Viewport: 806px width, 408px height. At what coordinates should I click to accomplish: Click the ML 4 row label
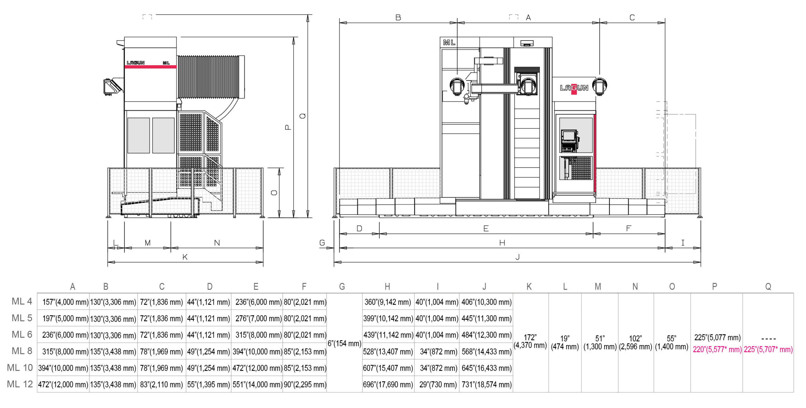click(x=22, y=301)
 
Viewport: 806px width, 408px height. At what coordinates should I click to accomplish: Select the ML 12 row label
click(x=20, y=384)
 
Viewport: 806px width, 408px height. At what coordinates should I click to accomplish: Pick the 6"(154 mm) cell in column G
click(x=344, y=343)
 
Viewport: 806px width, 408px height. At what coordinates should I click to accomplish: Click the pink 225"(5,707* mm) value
click(x=768, y=349)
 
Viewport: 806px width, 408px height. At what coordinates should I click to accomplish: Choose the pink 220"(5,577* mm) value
click(x=717, y=349)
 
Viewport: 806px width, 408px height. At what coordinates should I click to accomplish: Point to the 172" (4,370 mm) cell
click(x=530, y=341)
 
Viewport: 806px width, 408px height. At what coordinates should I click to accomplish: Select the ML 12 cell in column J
click(x=486, y=384)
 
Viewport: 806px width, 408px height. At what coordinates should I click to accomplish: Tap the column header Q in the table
click(x=768, y=286)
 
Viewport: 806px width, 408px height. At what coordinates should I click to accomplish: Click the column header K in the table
click(x=529, y=286)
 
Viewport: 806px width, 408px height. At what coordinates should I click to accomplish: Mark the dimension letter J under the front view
click(x=517, y=257)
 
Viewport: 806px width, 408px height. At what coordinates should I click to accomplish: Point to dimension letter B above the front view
click(x=398, y=18)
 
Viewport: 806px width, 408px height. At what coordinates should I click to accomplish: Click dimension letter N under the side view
click(x=217, y=243)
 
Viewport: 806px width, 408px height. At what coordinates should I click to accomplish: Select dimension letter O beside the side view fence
click(x=274, y=193)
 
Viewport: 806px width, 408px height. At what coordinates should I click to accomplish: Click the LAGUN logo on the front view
click(x=574, y=88)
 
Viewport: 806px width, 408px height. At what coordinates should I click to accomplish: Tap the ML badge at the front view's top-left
click(x=449, y=42)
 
